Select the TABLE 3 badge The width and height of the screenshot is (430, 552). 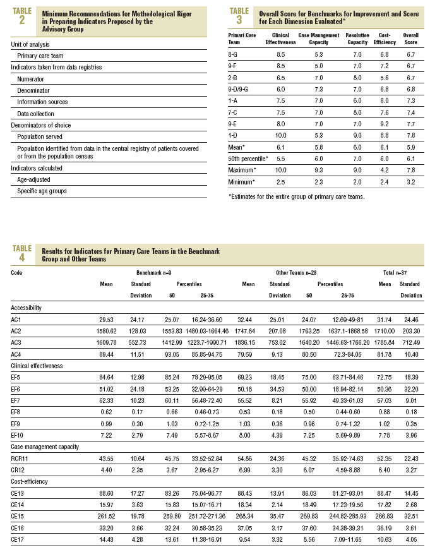(x=239, y=15)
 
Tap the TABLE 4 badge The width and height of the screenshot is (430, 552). (x=23, y=253)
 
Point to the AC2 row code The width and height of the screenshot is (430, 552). (x=17, y=331)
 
